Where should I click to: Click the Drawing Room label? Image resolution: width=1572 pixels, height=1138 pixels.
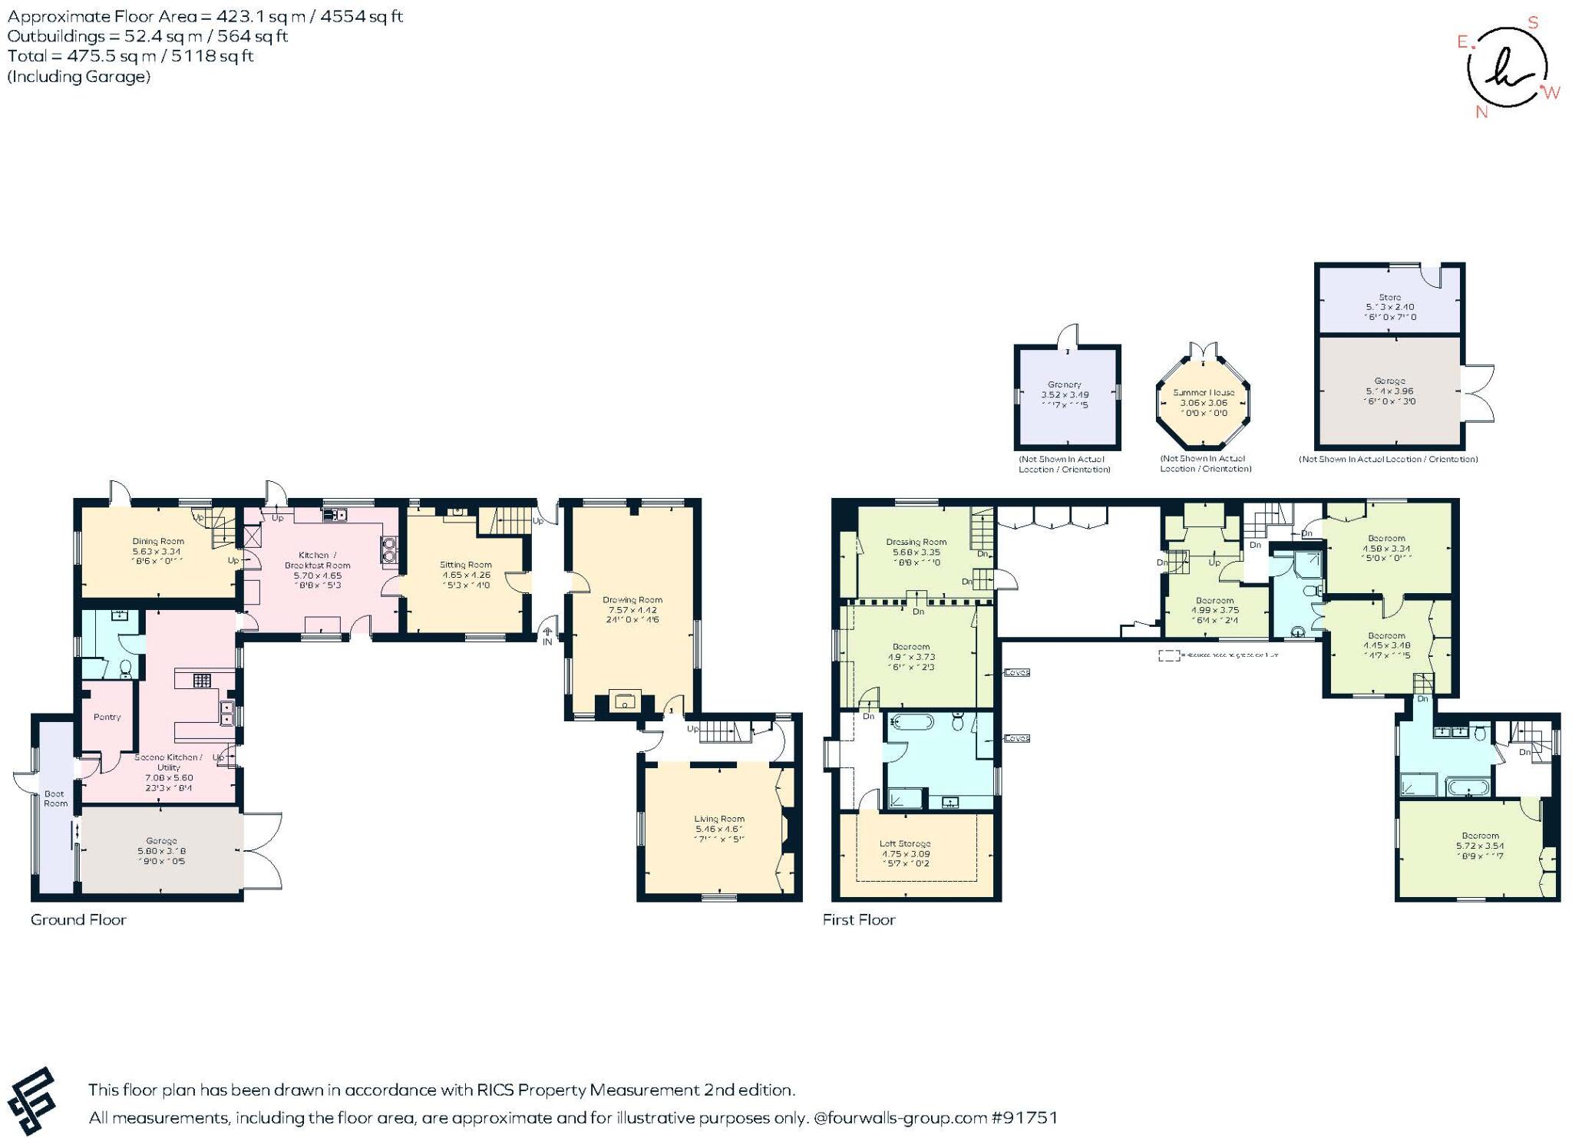click(x=632, y=599)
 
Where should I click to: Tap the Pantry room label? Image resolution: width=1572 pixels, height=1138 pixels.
click(x=107, y=717)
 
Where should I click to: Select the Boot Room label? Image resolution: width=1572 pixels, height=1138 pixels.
click(x=55, y=798)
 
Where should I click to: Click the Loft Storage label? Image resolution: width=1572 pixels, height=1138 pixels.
click(x=905, y=843)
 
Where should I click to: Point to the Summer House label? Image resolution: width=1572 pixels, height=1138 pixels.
click(x=1203, y=392)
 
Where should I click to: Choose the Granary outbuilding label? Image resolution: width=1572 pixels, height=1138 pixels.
click(x=1064, y=384)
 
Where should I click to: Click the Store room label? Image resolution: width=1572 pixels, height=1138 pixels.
click(x=1389, y=297)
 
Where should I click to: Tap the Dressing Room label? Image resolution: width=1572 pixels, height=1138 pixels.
click(x=916, y=541)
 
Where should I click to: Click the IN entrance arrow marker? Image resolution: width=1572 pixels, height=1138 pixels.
click(x=547, y=635)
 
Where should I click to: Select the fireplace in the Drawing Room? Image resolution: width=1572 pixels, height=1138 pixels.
click(x=626, y=701)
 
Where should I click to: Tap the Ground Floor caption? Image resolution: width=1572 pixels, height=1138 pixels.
click(x=78, y=919)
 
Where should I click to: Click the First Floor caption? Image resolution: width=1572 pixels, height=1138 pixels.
click(x=859, y=919)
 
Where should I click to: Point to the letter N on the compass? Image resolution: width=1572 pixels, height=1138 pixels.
click(x=1481, y=112)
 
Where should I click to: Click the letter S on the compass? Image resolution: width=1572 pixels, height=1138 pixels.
click(x=1533, y=22)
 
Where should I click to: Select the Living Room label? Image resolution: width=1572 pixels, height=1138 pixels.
click(x=719, y=819)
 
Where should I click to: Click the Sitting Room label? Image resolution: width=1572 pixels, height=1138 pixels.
click(x=465, y=564)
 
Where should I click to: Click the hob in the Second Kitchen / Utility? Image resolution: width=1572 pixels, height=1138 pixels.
click(x=202, y=680)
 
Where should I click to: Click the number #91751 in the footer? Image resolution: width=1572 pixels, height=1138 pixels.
click(x=1025, y=1117)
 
